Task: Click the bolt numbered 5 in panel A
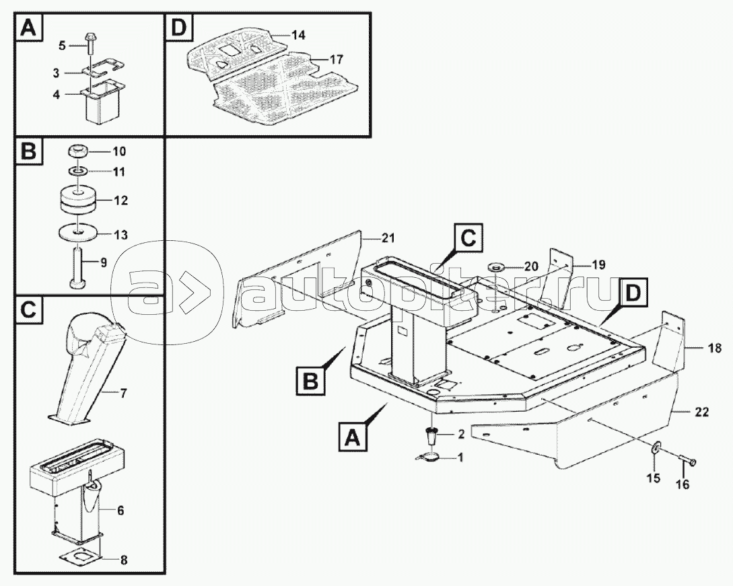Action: (90, 44)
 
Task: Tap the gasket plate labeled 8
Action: (79, 557)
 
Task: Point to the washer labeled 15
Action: (654, 450)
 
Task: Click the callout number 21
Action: (388, 237)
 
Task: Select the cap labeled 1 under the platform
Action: (427, 457)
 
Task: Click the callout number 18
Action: (714, 348)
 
